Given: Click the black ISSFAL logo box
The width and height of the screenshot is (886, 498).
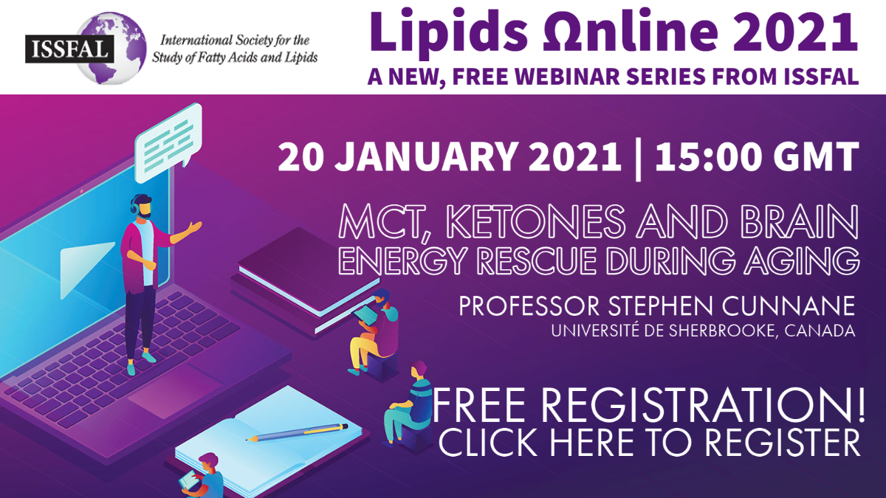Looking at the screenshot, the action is [70, 49].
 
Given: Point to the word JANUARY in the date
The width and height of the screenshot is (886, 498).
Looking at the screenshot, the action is [425, 157].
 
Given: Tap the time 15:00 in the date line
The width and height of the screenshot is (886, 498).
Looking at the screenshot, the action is [707, 157].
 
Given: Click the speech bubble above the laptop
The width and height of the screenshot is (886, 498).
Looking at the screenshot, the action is [169, 143].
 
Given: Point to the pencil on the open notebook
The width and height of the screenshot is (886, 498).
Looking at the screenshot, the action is [297, 432].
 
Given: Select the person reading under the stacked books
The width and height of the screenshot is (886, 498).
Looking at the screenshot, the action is [374, 332].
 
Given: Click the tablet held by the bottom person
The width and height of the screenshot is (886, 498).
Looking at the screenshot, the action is [188, 480].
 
